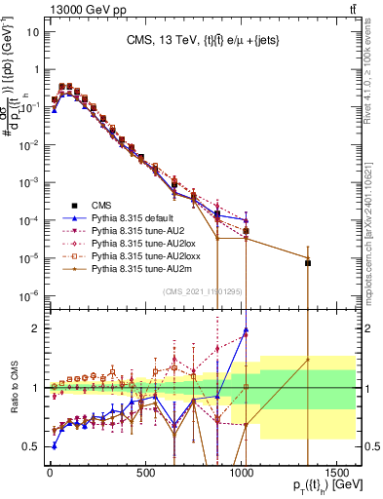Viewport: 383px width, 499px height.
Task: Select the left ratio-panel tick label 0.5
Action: [x=32, y=446]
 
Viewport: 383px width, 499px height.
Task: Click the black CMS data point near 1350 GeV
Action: [x=308, y=263]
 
